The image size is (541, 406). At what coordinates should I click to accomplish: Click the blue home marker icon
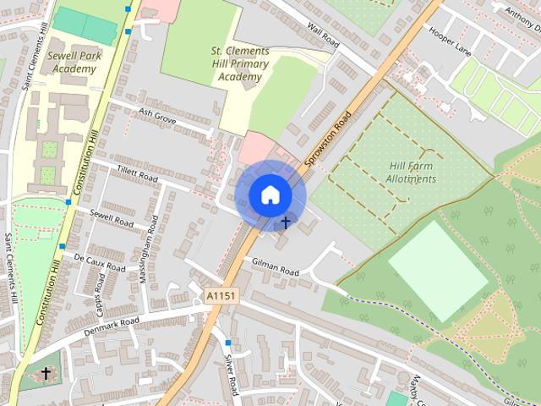click(270, 195)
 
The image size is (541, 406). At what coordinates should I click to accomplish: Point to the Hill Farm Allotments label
click(413, 173)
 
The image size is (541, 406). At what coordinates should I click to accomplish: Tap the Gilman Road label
click(276, 267)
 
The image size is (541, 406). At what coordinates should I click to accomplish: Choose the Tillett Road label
click(137, 174)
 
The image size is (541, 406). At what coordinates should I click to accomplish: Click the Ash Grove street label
click(156, 118)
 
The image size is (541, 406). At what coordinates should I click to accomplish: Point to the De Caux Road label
click(99, 260)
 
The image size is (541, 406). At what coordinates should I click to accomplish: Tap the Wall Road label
click(324, 36)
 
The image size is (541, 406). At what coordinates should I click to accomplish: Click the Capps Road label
click(98, 289)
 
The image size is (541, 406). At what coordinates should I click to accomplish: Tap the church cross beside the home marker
click(286, 223)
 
